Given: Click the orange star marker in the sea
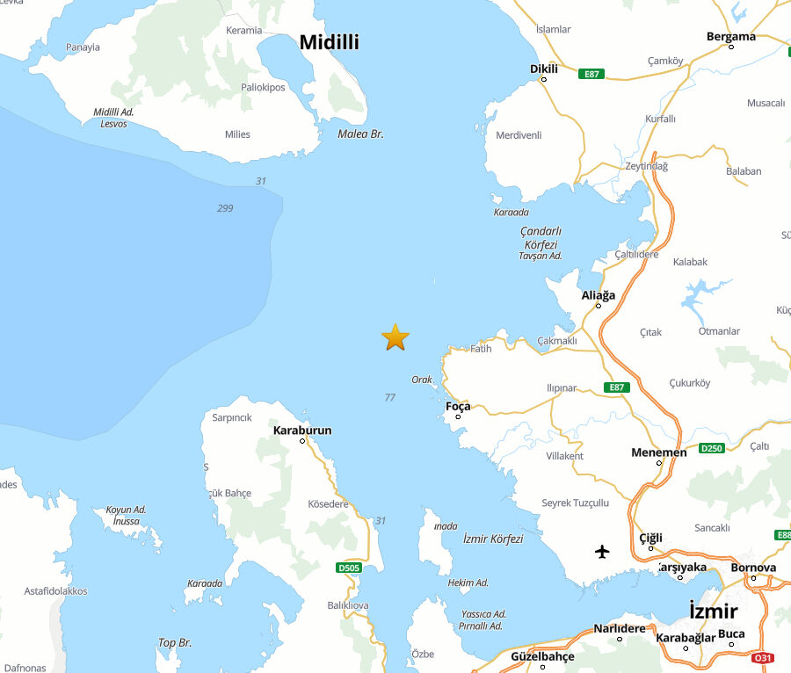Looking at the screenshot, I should coord(395,337).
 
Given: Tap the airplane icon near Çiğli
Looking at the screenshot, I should coord(602,552).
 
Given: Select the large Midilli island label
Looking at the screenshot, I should coord(330,42).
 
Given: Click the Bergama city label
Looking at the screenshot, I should coord(730,37).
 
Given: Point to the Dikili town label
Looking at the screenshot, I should coord(544,69).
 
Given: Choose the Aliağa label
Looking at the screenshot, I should coord(599,295).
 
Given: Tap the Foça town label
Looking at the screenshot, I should coord(458,406).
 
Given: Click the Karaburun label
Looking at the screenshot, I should coord(302,431).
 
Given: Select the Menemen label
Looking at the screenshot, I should coord(659,452).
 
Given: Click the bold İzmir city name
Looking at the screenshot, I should coord(713,611).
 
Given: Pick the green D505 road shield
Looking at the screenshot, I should coord(349,568).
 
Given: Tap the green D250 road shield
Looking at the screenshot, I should coord(712,448).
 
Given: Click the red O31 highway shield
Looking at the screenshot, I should coord(763,657).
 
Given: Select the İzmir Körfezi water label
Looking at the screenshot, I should coord(493,539).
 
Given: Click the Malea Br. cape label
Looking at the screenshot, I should coord(360,134).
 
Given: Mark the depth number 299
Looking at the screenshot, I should coord(225,208).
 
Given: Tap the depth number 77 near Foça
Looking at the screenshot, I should coord(390,397).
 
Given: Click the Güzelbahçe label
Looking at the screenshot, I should coord(542,656).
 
